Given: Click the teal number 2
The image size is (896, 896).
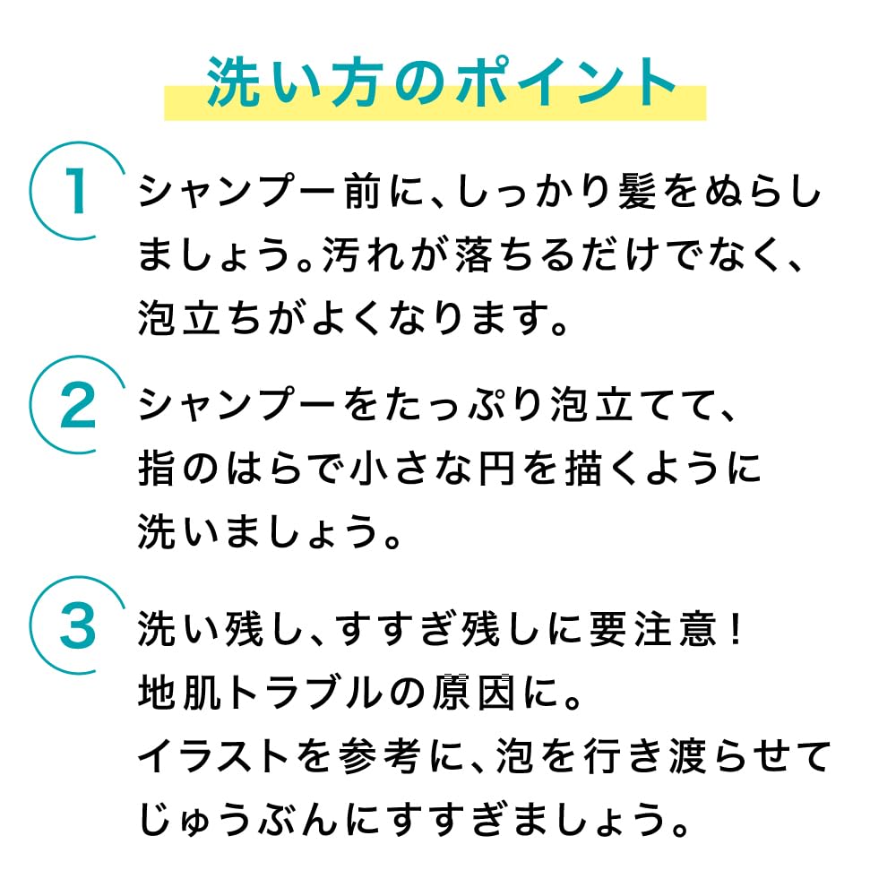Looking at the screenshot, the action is pyautogui.click(x=78, y=406).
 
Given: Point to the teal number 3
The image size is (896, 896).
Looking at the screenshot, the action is pyautogui.click(x=78, y=626).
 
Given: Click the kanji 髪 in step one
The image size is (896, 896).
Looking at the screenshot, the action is pyautogui.click(x=637, y=191).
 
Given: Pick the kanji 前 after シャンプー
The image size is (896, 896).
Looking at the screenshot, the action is pyautogui.click(x=363, y=191).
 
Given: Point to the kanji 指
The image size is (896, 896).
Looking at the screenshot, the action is pyautogui.click(x=157, y=469).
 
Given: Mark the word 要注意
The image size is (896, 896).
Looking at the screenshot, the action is pyautogui.click(x=652, y=629).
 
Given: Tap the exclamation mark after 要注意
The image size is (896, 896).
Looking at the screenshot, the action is pyautogui.click(x=737, y=629).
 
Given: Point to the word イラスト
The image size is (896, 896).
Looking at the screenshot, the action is pyautogui.click(x=213, y=755).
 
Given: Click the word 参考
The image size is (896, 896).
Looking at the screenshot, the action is pyautogui.click(x=380, y=755).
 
